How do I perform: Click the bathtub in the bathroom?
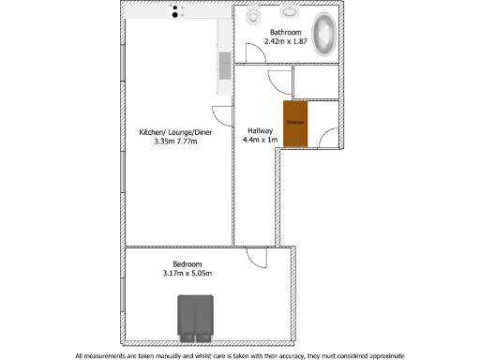click(x=323, y=35)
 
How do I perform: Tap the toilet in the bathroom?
click(x=253, y=16)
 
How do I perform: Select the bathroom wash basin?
click(x=289, y=13)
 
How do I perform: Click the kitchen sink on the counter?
click(x=225, y=66)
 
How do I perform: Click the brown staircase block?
click(x=295, y=124)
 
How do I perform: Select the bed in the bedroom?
click(x=196, y=318)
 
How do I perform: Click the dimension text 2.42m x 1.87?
click(x=287, y=41)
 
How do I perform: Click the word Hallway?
click(x=261, y=130)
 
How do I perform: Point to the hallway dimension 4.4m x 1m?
click(x=262, y=140)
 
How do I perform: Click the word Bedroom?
click(x=187, y=263)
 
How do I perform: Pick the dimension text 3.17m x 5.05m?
click(x=187, y=274)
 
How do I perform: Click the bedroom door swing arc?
click(x=255, y=257)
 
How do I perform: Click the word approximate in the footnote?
click(x=373, y=355)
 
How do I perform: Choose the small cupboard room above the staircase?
click(x=315, y=82)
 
